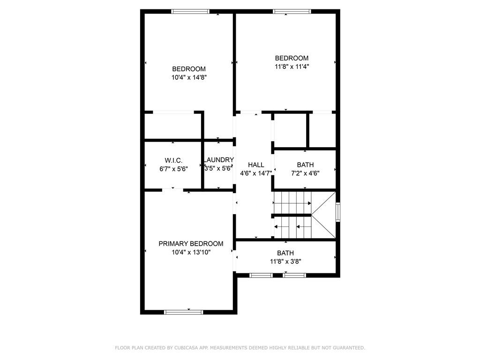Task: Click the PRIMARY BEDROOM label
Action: click(x=191, y=244)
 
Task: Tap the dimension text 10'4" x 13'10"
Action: click(x=191, y=252)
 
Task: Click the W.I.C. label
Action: click(x=173, y=160)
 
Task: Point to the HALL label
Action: click(x=256, y=165)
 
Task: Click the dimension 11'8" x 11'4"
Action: click(x=292, y=67)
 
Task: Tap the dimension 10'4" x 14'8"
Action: click(x=189, y=77)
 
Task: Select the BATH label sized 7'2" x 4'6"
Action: click(x=305, y=165)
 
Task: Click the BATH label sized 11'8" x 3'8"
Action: click(x=285, y=253)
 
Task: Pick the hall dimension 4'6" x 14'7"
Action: click(x=256, y=173)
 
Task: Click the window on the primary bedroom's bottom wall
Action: click(x=183, y=312)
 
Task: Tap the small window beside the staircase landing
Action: click(x=337, y=212)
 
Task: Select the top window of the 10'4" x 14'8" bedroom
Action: click(x=190, y=11)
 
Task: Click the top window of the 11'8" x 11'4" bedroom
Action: click(x=292, y=11)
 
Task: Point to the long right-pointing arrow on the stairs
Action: click(x=292, y=203)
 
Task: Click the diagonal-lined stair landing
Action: click(x=323, y=215)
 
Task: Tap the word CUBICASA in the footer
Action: click(x=186, y=348)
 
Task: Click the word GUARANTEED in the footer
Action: click(x=348, y=348)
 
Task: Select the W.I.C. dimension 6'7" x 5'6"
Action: click(x=173, y=169)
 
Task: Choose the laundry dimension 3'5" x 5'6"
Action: click(x=218, y=168)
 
